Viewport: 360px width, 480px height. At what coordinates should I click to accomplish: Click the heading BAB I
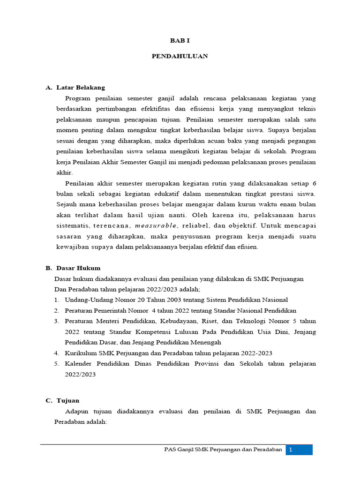pos(180,41)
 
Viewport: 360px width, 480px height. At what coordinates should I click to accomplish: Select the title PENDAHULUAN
pos(180,56)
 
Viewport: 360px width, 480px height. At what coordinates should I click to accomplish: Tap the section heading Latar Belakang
pos(81,88)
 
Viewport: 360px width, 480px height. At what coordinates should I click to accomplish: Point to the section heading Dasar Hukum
pos(78,268)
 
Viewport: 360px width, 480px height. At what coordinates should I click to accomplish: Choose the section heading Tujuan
pos(68,400)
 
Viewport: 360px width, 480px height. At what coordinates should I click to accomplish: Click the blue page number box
pos(299,450)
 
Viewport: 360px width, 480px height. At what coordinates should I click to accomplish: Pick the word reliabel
pos(195,225)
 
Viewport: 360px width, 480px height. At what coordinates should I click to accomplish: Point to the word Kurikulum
pos(82,353)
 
